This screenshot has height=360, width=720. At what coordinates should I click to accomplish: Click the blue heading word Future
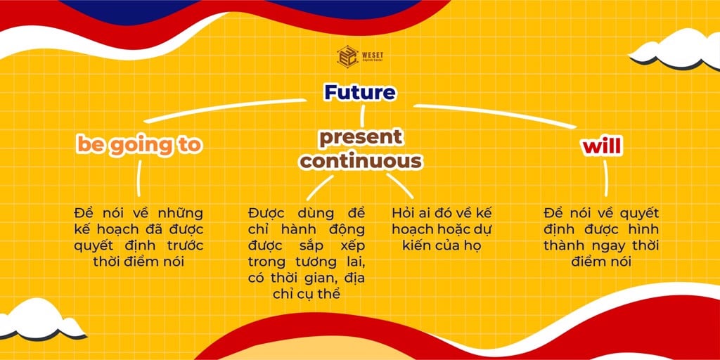[x=359, y=93]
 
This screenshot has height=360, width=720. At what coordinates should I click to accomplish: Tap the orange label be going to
[x=140, y=145]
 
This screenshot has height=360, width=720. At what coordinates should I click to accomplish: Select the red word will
[x=602, y=146]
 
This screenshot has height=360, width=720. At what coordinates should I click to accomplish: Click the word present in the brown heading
[x=361, y=138]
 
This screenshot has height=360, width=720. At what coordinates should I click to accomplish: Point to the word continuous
[x=361, y=161]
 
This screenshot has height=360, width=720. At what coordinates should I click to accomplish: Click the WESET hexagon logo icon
[x=347, y=56]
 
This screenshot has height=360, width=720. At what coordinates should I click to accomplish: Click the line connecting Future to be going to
[x=225, y=110]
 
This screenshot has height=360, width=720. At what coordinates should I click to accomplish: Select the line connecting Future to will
[x=495, y=116]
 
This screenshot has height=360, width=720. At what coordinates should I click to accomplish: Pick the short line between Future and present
[x=362, y=116]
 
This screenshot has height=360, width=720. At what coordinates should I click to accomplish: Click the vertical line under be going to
[x=139, y=178]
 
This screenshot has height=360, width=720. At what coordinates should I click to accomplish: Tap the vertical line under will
[x=605, y=178]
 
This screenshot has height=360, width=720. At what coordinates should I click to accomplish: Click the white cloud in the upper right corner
[x=675, y=50]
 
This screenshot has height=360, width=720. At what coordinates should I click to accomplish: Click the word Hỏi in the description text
[x=404, y=214]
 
